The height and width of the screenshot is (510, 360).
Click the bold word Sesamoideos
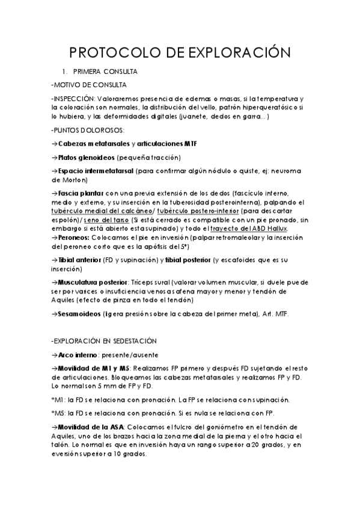[79, 313]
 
